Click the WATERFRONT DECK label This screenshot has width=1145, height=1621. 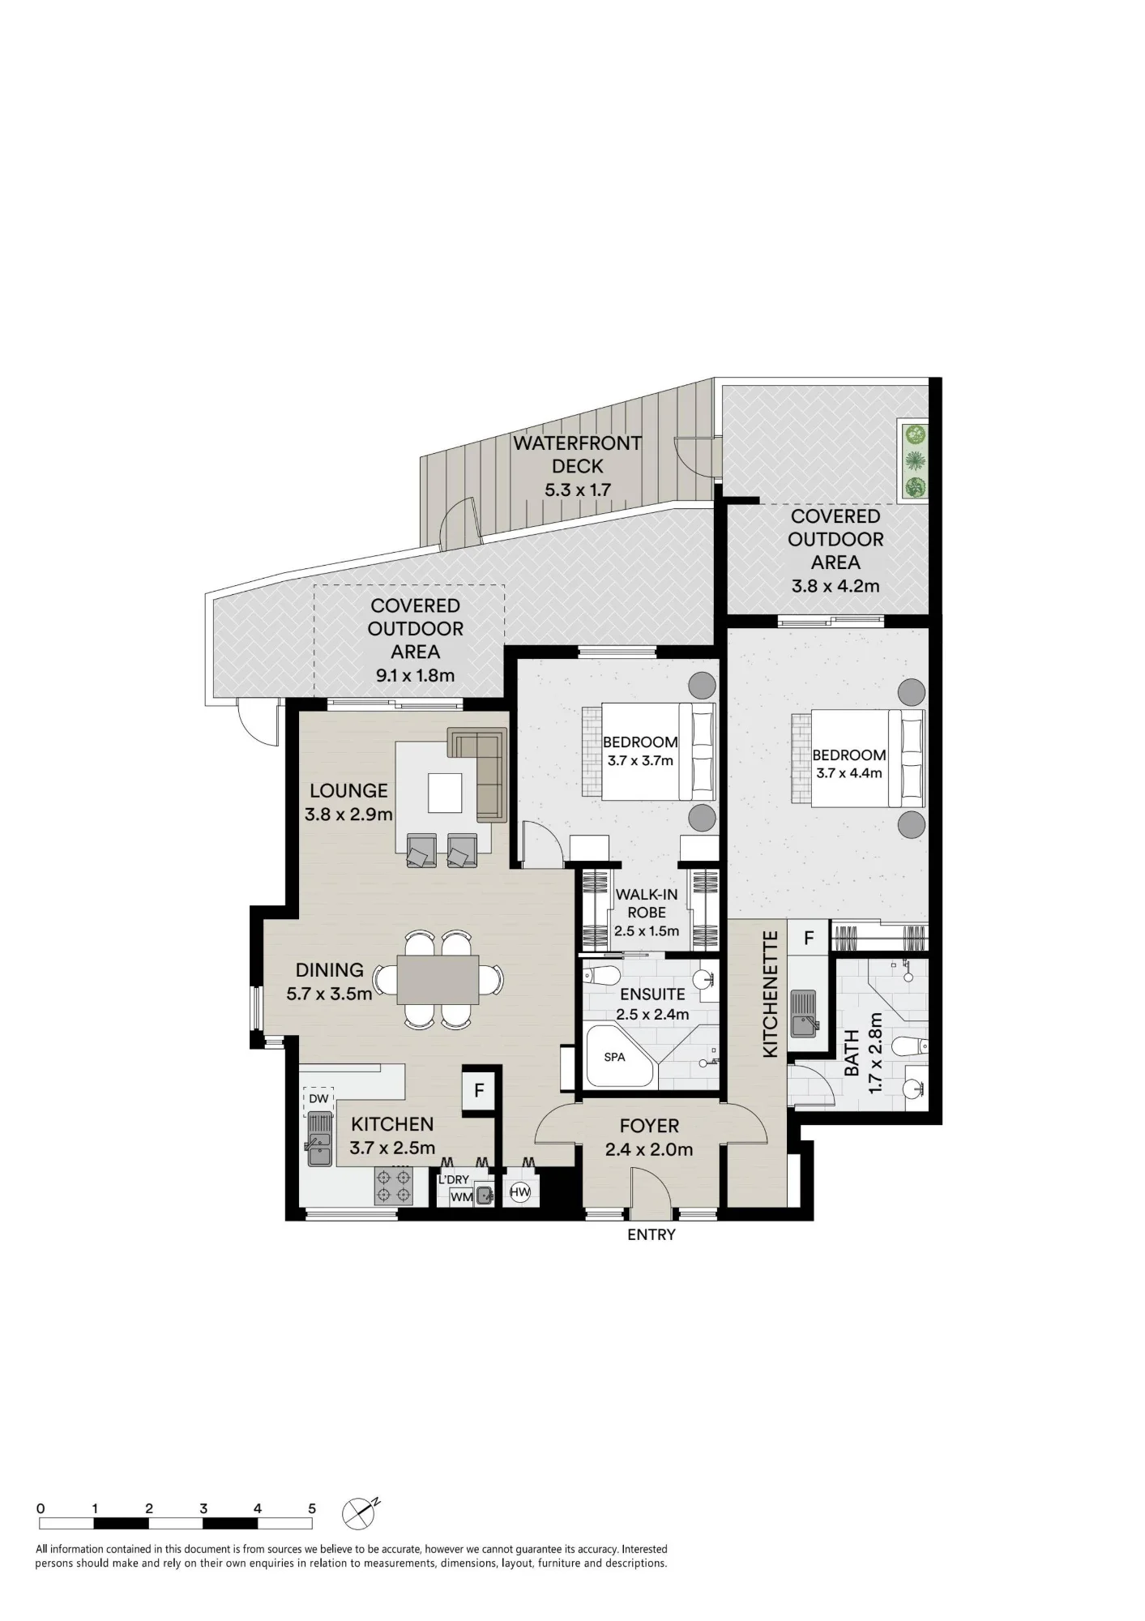tap(577, 455)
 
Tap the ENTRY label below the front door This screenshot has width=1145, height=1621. tap(652, 1234)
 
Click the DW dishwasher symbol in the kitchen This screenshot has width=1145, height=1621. tap(318, 1099)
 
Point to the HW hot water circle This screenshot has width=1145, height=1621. tap(519, 1192)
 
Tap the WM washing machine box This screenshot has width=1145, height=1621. tap(461, 1197)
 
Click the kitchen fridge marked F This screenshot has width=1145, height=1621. tap(479, 1090)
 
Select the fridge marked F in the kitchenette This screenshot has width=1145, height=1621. tap(809, 938)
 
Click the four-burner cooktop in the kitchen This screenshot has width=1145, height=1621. tap(393, 1186)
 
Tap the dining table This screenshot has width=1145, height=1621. tap(438, 979)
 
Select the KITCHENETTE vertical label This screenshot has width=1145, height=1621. tap(771, 993)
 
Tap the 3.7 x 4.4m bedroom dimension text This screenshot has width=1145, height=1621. tap(848, 773)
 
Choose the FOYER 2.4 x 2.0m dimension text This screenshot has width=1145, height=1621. tap(649, 1149)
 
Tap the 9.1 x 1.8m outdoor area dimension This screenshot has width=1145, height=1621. tap(415, 675)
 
